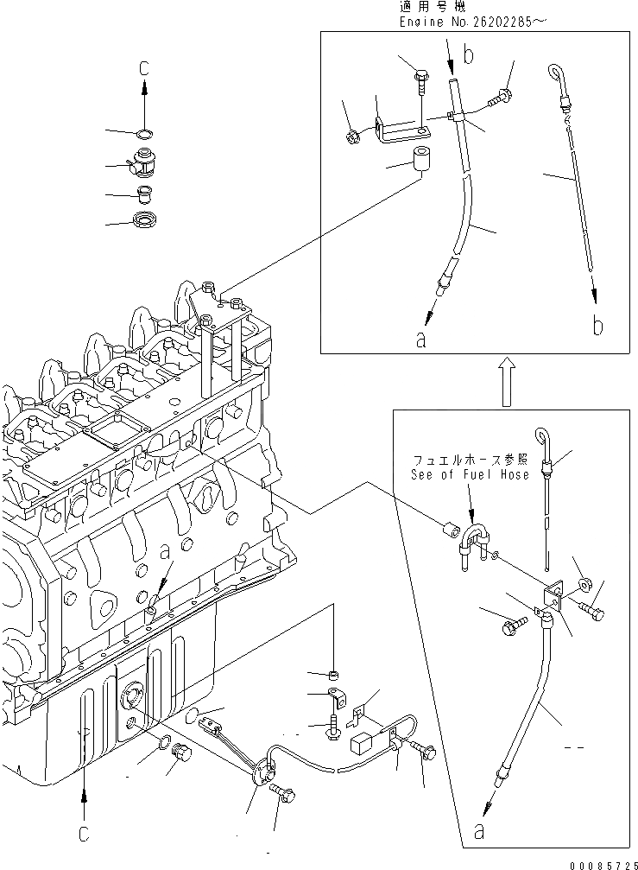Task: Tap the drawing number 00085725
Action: pyautogui.click(x=600, y=862)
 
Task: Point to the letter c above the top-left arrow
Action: pyautogui.click(x=143, y=67)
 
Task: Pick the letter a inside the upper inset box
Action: pyautogui.click(x=420, y=340)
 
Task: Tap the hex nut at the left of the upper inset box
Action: pyautogui.click(x=352, y=135)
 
